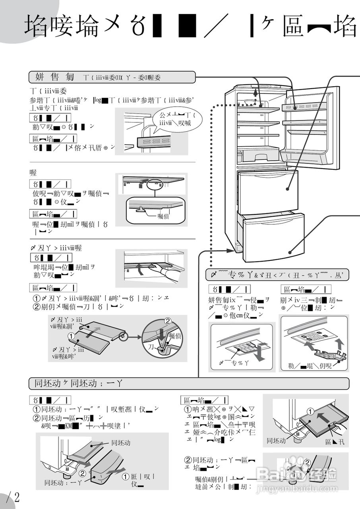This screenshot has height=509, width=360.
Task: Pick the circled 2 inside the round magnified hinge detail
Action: pos(168,321)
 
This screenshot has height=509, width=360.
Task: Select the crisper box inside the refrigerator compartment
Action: pos(257,153)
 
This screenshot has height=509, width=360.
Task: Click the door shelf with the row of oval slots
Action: pos(304,107)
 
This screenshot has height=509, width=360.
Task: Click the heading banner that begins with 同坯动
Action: pos(189,383)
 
